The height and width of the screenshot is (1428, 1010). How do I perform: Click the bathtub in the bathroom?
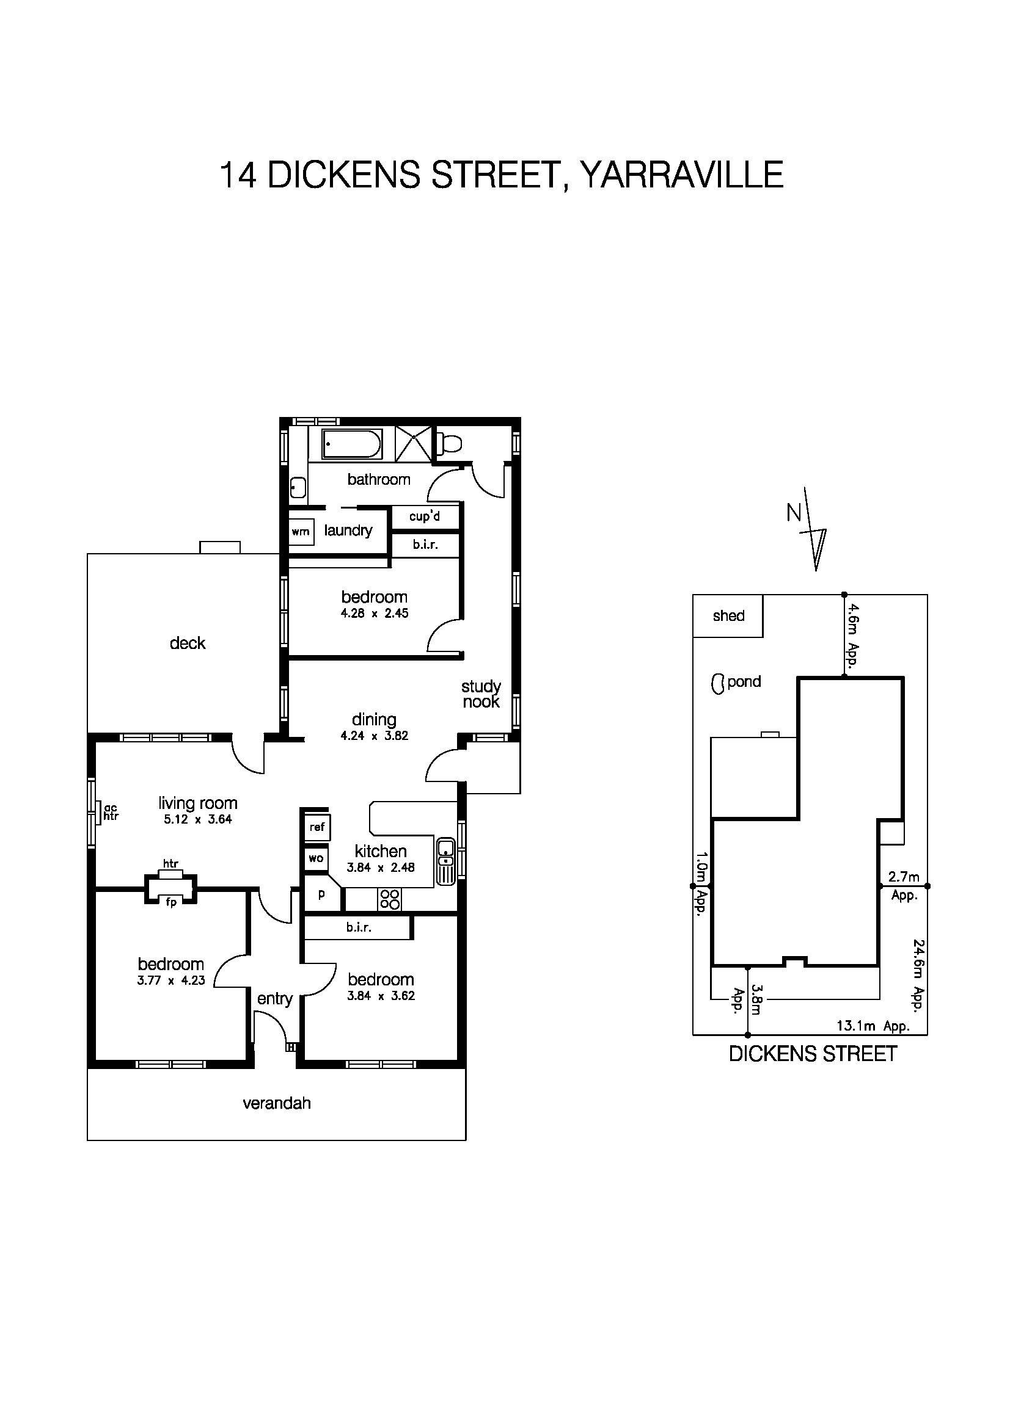click(x=351, y=444)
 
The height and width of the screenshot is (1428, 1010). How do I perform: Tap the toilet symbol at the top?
click(x=449, y=443)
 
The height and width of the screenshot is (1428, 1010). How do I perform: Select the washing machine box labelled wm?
click(x=301, y=532)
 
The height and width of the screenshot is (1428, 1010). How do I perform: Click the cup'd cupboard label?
click(x=425, y=517)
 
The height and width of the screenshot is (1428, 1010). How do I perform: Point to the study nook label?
click(x=481, y=694)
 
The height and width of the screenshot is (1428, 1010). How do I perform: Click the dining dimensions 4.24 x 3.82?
click(x=374, y=736)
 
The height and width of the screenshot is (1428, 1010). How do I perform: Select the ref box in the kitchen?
click(x=317, y=827)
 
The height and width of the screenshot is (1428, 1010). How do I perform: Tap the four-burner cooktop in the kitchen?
click(x=390, y=899)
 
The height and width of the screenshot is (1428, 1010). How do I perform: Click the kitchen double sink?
click(x=446, y=861)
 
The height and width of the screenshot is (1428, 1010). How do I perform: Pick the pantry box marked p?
click(x=321, y=895)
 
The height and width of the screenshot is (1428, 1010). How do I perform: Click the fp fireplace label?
click(x=170, y=902)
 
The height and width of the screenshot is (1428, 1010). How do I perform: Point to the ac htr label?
click(x=111, y=811)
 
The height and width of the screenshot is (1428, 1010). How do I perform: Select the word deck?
click(x=188, y=643)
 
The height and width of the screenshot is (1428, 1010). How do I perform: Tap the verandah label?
click(x=276, y=1103)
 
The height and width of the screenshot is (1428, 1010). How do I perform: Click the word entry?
click(x=274, y=999)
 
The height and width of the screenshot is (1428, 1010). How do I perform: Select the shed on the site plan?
click(x=728, y=616)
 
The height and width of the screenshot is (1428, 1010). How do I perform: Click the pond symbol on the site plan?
click(x=717, y=684)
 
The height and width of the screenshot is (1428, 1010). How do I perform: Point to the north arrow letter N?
click(x=794, y=513)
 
